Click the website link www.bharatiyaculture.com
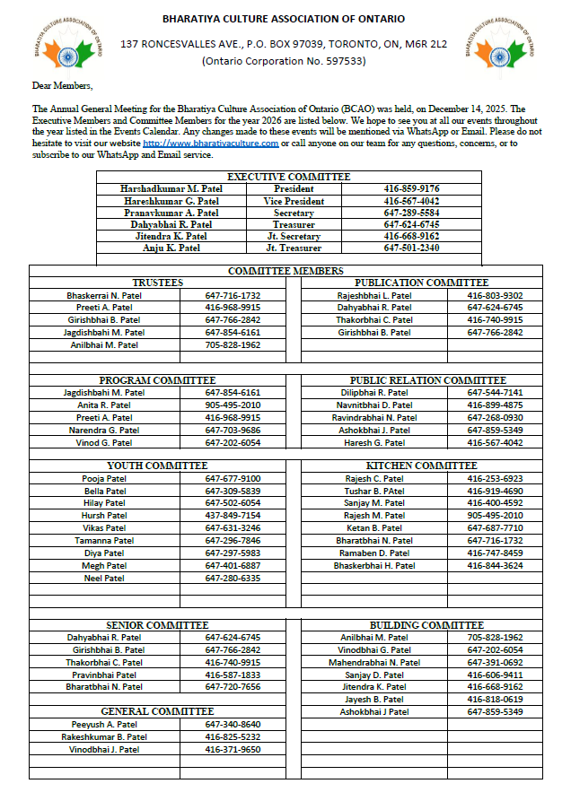pyautogui.click(x=211, y=143)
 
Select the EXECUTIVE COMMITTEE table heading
pyautogui.click(x=288, y=177)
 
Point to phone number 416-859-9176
pyautogui.click(x=411, y=189)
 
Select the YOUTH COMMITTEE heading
pyautogui.click(x=157, y=466)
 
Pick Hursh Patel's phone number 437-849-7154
pyautogui.click(x=233, y=516)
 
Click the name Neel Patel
pyautogui.click(x=104, y=578)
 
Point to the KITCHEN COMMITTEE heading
pyautogui.click(x=421, y=466)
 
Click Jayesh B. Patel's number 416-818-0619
pyautogui.click(x=495, y=699)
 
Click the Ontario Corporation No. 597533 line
pyautogui.click(x=284, y=61)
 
